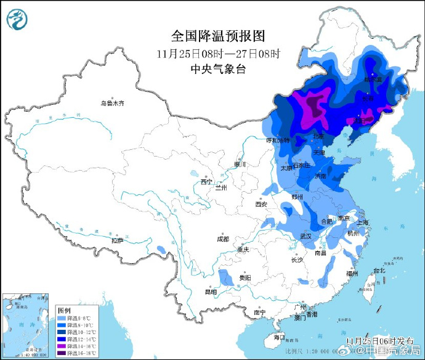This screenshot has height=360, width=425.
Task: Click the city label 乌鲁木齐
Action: [x=113, y=103]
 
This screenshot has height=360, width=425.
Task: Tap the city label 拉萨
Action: [x=117, y=240]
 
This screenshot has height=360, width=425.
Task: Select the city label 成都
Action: [x=222, y=239]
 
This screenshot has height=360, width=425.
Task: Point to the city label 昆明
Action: [x=211, y=292]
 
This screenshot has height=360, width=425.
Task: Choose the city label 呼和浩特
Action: [x=277, y=141]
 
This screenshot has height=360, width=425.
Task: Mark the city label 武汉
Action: [x=306, y=236]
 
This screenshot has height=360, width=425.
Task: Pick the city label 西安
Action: [x=261, y=204]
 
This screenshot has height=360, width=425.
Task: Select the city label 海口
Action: [x=279, y=337]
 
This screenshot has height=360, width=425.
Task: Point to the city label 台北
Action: [x=378, y=270]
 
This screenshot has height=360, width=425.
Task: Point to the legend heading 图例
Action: [x=64, y=309]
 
